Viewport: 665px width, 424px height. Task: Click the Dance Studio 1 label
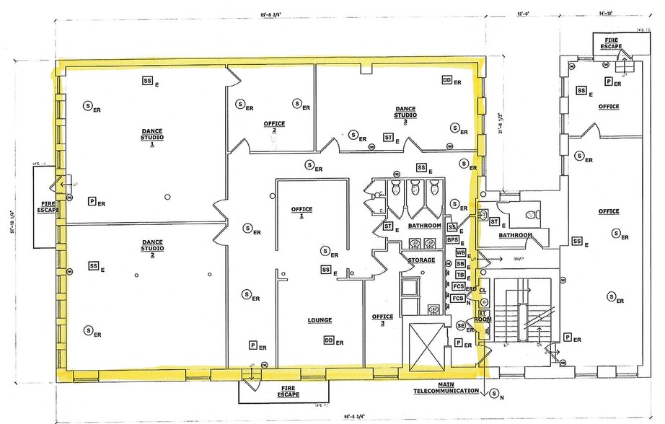point(152,137)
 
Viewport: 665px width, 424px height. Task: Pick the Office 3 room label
point(382,320)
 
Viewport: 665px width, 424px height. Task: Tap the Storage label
point(421,260)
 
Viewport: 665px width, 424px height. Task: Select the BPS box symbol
point(453,240)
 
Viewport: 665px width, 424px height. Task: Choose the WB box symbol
point(461,252)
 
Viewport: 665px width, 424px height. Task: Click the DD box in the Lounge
point(328,340)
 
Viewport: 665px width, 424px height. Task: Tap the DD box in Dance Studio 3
point(447,81)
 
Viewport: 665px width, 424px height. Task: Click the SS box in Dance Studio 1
point(148,79)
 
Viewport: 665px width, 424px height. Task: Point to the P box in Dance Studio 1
point(92,201)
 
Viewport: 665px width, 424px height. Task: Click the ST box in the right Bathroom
point(494,223)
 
